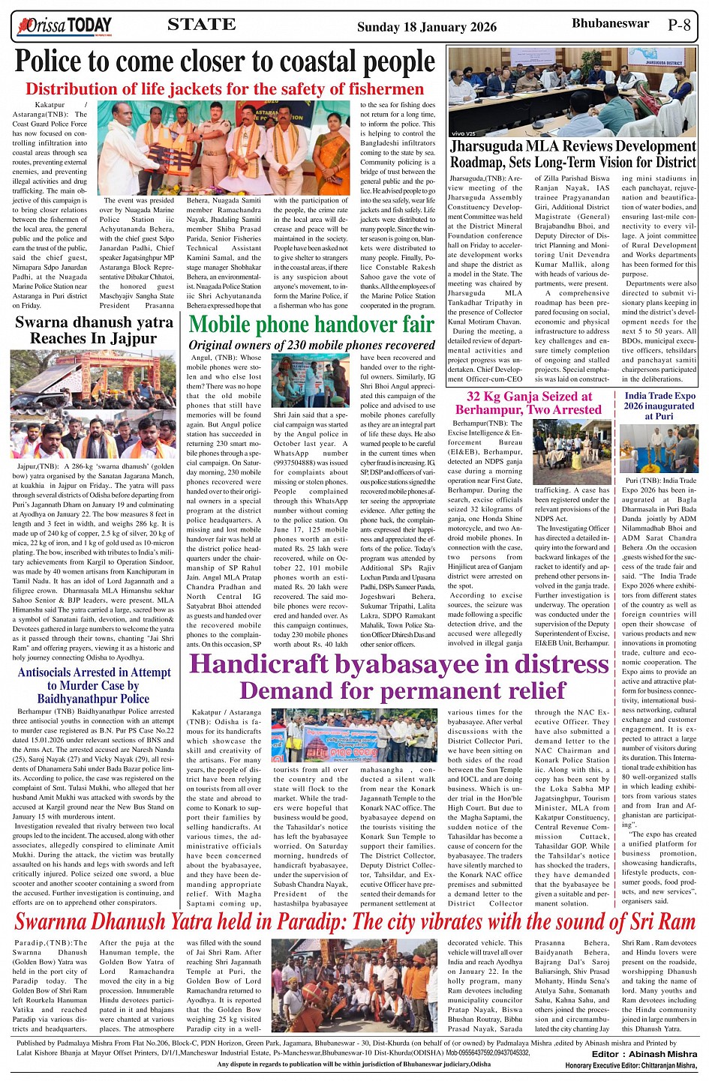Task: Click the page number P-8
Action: [679, 25]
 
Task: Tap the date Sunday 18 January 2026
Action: [426, 27]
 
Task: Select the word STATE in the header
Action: [202, 25]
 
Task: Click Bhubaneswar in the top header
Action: [610, 23]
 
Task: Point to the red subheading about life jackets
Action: [224, 89]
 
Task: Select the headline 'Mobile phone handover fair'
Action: [311, 325]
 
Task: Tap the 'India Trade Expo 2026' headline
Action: [659, 406]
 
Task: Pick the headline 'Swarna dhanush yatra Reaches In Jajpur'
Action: [94, 331]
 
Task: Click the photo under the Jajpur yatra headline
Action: [94, 405]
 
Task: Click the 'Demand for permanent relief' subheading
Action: [402, 690]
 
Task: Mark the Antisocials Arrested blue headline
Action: [94, 685]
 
